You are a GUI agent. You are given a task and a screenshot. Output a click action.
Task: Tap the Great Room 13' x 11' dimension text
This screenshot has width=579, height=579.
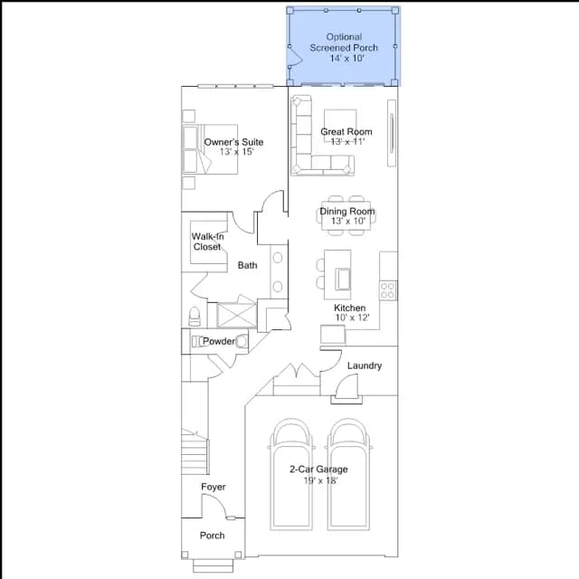(347, 141)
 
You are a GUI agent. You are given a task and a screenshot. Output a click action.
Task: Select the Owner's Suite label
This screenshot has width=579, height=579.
(233, 142)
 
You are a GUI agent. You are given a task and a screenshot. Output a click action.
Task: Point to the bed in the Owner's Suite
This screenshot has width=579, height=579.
(210, 149)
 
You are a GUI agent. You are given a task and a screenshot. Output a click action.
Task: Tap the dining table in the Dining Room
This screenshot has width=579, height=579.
(346, 215)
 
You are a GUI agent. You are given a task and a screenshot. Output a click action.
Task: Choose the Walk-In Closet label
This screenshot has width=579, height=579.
(207, 242)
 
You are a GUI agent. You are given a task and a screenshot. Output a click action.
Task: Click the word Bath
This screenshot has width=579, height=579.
(247, 265)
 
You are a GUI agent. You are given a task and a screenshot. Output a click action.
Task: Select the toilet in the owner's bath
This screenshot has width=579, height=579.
(195, 317)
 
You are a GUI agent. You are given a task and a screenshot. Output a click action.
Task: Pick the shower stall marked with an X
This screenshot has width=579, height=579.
(237, 316)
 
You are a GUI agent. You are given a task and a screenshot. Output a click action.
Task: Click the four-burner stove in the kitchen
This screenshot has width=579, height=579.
(388, 290)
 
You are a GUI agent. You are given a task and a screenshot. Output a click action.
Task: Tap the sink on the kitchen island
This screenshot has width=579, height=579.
(343, 280)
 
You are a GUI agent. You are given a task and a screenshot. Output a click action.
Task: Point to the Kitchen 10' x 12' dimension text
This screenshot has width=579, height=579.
(352, 318)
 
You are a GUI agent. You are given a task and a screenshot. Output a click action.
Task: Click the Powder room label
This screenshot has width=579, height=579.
(219, 341)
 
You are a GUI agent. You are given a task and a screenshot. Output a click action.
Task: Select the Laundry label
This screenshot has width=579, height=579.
(365, 365)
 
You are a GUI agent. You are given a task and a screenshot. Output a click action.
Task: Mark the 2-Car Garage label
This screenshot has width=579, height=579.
(318, 469)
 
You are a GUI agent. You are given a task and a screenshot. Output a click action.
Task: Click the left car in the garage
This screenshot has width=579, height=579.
(291, 474)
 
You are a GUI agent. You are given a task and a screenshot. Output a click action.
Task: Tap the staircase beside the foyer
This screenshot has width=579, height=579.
(195, 452)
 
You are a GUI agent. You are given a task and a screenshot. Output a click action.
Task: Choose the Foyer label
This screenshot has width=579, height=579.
(214, 487)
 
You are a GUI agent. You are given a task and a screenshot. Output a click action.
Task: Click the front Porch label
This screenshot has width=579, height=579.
(213, 536)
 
